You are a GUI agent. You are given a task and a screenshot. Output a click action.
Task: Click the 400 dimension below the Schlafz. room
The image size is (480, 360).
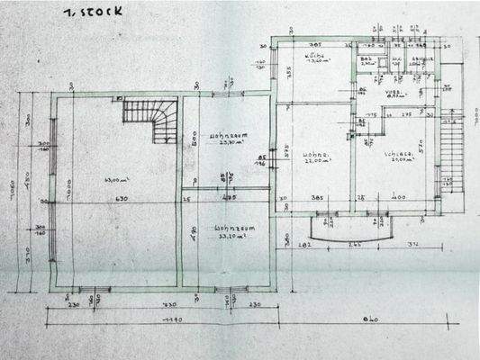point(398,198)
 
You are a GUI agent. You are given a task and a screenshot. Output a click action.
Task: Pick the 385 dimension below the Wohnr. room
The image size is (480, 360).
point(317,198)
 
